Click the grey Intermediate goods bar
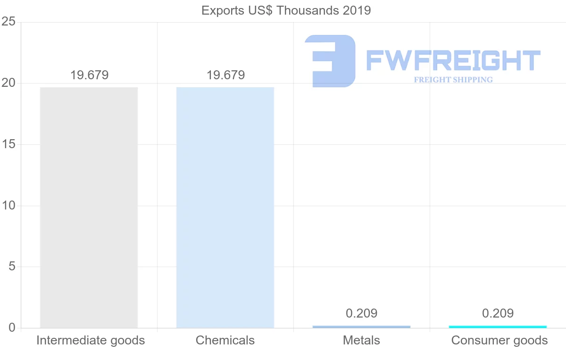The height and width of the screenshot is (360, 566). [89, 208]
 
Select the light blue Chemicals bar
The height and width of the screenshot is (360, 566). [225, 208]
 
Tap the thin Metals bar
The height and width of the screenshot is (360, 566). [361, 327]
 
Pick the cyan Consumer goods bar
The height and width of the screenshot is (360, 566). [498, 327]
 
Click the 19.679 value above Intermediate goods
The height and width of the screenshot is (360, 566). [89, 75]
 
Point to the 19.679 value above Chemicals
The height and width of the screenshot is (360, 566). [225, 75]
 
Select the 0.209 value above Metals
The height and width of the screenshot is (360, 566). [361, 313]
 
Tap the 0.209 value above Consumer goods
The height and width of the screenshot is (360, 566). [498, 313]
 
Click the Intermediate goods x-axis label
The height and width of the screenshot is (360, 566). [91, 340]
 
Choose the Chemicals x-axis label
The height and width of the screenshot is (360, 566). [225, 340]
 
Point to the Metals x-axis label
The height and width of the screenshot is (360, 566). [361, 340]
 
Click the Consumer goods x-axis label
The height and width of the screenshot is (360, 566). [499, 340]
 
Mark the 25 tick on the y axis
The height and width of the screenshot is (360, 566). [8, 22]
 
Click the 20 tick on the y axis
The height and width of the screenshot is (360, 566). [8, 83]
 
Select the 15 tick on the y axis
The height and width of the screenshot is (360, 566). [8, 144]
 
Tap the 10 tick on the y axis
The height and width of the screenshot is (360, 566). [8, 206]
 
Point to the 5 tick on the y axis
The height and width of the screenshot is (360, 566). [12, 267]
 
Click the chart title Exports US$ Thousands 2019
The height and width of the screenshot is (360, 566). [286, 10]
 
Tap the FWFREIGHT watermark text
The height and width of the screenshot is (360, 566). [453, 61]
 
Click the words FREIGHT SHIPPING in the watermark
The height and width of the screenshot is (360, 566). [453, 80]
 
